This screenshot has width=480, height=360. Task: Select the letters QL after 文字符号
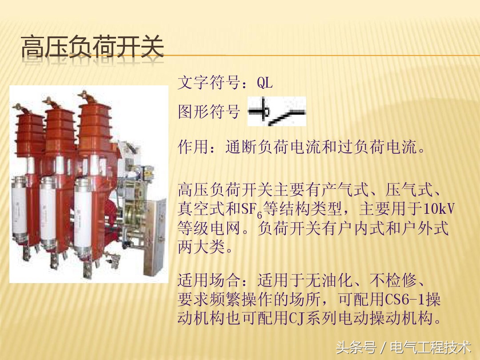tap(265, 83)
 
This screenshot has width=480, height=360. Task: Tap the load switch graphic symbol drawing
tap(277, 112)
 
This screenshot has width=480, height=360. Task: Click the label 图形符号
tap(209, 112)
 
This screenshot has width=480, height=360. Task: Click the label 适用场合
tap(209, 281)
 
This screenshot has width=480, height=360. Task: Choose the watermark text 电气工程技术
tap(430, 347)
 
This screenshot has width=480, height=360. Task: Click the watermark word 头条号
tap(356, 347)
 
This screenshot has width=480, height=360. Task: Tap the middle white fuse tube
tap(48, 213)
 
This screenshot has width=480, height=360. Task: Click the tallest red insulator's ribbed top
tap(95, 120)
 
